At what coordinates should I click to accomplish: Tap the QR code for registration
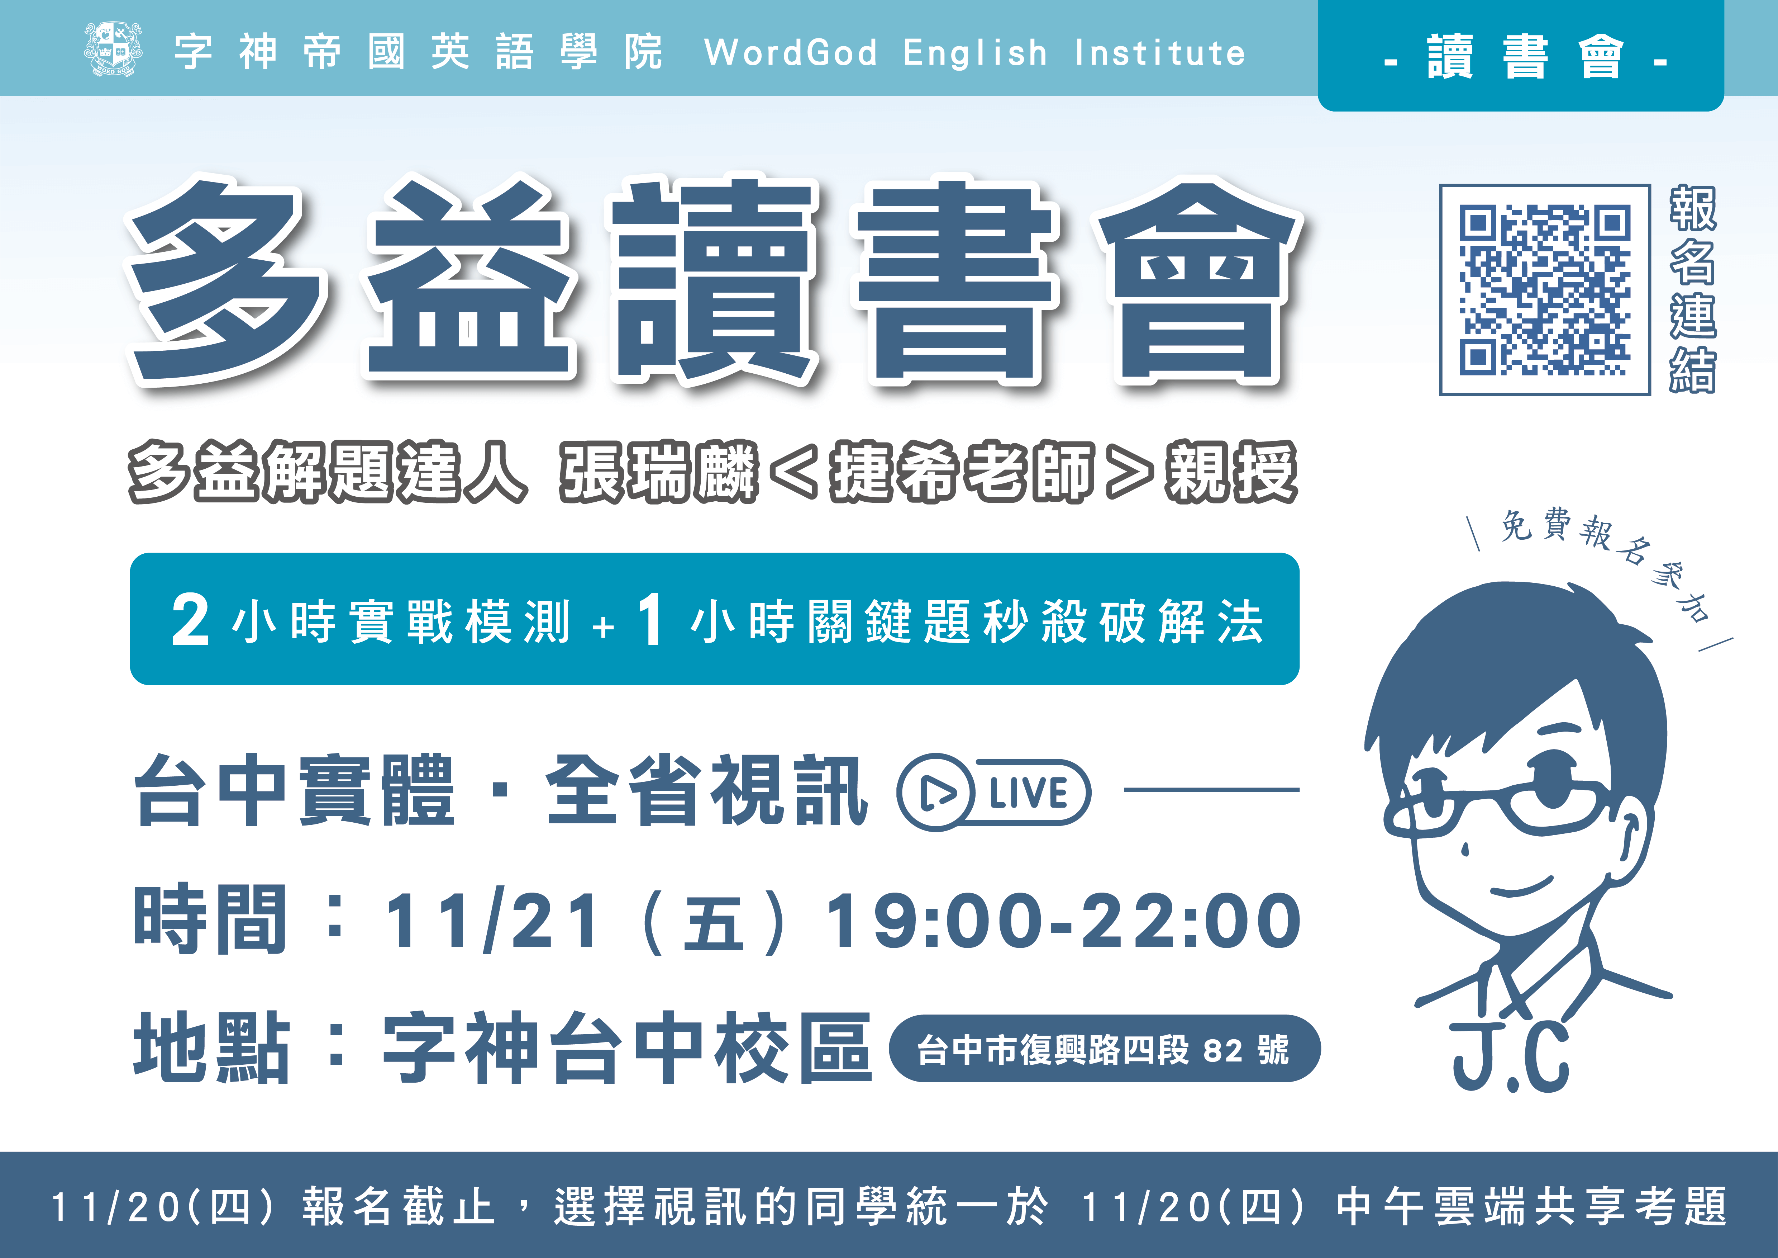click(x=1545, y=290)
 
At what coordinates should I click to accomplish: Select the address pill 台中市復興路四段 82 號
click(x=1104, y=1049)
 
